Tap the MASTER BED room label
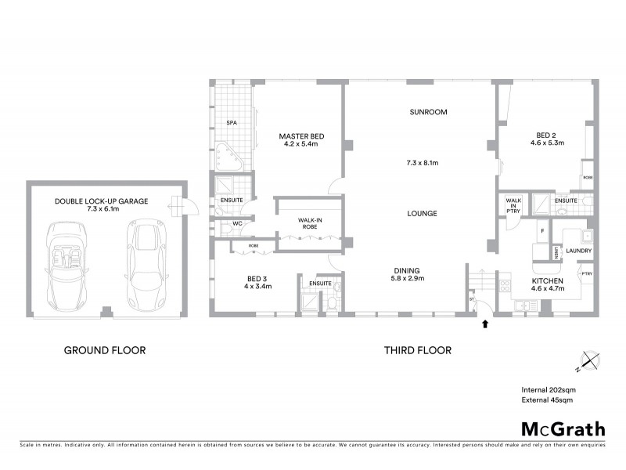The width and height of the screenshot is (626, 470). [301, 136]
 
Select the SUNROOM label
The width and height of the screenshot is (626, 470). [428, 112]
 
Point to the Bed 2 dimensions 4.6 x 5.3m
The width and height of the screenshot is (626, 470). [547, 143]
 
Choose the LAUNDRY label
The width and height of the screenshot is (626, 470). [579, 251]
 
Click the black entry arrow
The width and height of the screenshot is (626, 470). [485, 323]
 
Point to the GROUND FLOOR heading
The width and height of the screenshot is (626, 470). [104, 350]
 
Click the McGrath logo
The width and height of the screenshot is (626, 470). [563, 428]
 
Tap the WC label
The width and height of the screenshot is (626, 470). [233, 223]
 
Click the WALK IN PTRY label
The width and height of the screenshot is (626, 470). [513, 210]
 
